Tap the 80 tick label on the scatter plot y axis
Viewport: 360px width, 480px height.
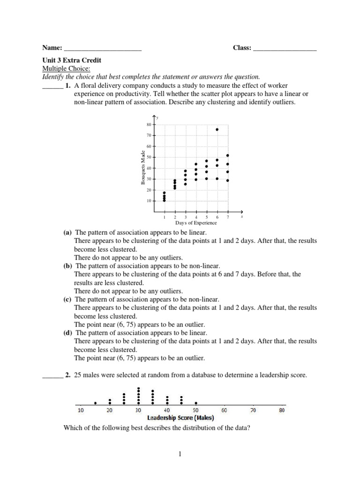pos(149,125)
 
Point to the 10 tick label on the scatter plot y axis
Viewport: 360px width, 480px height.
pos(149,201)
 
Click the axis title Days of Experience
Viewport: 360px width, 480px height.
pos(196,223)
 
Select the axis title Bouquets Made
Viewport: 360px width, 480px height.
pos(142,167)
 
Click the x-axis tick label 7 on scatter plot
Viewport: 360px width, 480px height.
pos(228,217)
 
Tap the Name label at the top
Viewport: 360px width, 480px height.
pos(52,48)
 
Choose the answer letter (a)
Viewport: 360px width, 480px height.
pos(68,232)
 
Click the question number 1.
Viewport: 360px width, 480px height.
pos(68,86)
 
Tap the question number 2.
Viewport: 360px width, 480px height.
pos(68,375)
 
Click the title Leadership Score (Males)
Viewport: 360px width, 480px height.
pos(180,418)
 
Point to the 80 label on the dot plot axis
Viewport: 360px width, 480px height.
pos(281,410)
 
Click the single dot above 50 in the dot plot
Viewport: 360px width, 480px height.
pos(196,403)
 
